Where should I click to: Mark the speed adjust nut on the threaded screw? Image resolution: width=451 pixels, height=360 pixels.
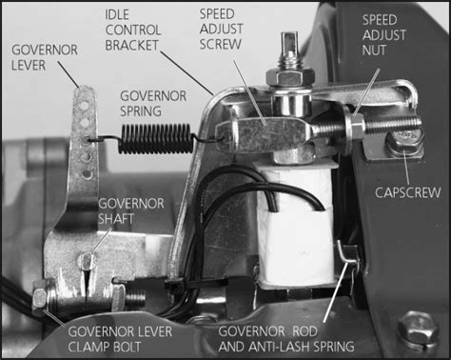[355, 123]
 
